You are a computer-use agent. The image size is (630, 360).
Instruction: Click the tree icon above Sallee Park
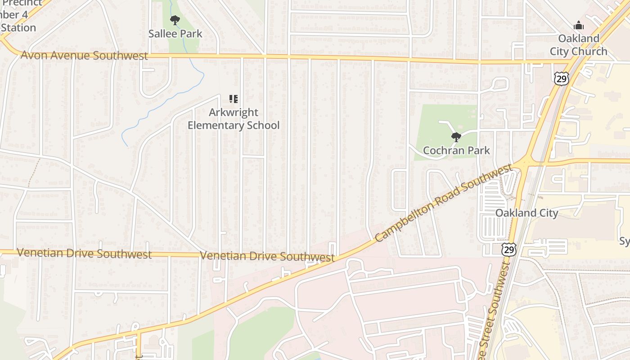(x=175, y=20)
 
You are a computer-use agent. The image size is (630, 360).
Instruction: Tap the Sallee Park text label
(x=175, y=34)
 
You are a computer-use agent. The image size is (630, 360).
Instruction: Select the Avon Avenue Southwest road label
(x=84, y=56)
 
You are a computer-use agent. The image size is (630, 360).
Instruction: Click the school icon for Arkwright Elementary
(x=233, y=99)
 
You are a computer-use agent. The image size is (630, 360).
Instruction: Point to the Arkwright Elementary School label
(x=233, y=119)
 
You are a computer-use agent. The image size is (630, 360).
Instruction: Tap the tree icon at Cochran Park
(x=456, y=137)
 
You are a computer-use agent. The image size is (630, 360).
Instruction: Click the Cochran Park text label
(x=456, y=150)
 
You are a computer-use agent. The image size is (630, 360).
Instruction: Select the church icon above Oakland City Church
(x=579, y=25)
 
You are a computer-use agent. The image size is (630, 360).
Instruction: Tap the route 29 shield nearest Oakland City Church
(x=561, y=79)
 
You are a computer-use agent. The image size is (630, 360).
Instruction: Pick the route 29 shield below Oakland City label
(x=509, y=249)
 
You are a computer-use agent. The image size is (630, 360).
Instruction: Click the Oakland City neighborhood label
(x=526, y=213)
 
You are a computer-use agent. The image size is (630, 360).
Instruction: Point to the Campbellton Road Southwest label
(x=443, y=203)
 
